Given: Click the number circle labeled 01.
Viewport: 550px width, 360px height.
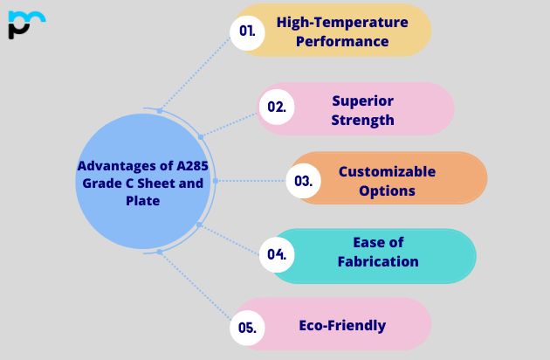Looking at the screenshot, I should [x=247, y=31].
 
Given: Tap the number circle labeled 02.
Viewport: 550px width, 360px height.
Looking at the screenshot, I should [x=277, y=107].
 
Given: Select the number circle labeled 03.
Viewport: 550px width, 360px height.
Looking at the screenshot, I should [x=303, y=181].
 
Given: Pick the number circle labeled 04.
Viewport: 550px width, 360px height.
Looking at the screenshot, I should [x=277, y=254].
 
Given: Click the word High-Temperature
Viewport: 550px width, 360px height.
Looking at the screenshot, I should [x=342, y=22].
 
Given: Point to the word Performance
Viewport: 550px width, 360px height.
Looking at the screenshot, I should [x=342, y=40].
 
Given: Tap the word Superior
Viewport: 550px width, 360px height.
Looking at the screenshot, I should [x=362, y=100].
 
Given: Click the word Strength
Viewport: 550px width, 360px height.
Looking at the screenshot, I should [x=362, y=120].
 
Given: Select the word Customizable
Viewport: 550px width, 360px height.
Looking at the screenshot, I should [x=387, y=171].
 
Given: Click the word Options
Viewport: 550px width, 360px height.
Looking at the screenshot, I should [x=387, y=190].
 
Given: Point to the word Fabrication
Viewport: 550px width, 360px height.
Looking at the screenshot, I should [x=378, y=261].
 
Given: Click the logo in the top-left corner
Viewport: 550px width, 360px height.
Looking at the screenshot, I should [x=25, y=24].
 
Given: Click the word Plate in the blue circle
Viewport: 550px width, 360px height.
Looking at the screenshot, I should [x=143, y=201].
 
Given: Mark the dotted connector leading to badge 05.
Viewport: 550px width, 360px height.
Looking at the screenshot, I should [x=195, y=289].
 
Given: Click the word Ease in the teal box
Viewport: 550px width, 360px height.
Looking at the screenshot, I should [x=378, y=242].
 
